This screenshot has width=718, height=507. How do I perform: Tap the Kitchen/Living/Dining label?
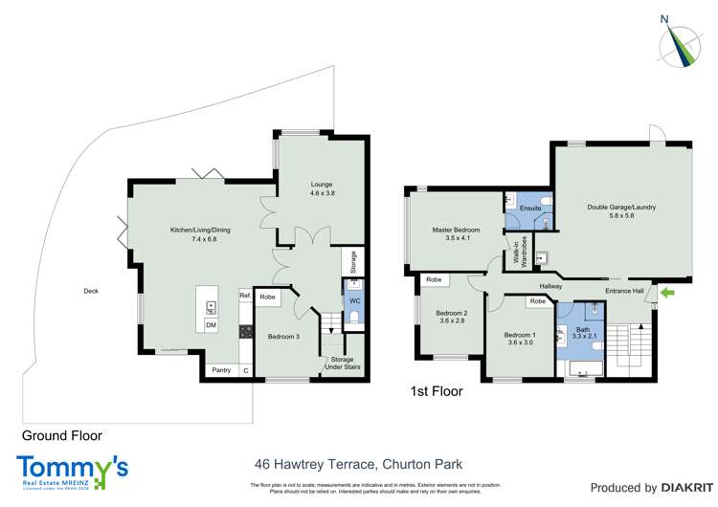click(200, 230)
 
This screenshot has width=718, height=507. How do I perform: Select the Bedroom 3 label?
click(283, 336)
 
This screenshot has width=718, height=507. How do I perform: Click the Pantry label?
click(221, 370)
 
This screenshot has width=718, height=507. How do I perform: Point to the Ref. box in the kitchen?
click(245, 297)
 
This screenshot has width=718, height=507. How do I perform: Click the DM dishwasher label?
click(211, 325)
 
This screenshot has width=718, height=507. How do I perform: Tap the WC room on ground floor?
click(353, 301)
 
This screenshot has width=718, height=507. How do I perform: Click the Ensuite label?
click(530, 208)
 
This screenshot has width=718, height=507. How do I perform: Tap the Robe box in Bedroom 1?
click(538, 301)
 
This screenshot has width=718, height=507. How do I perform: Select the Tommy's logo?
click(72, 470)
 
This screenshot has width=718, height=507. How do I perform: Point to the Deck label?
click(91, 291)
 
